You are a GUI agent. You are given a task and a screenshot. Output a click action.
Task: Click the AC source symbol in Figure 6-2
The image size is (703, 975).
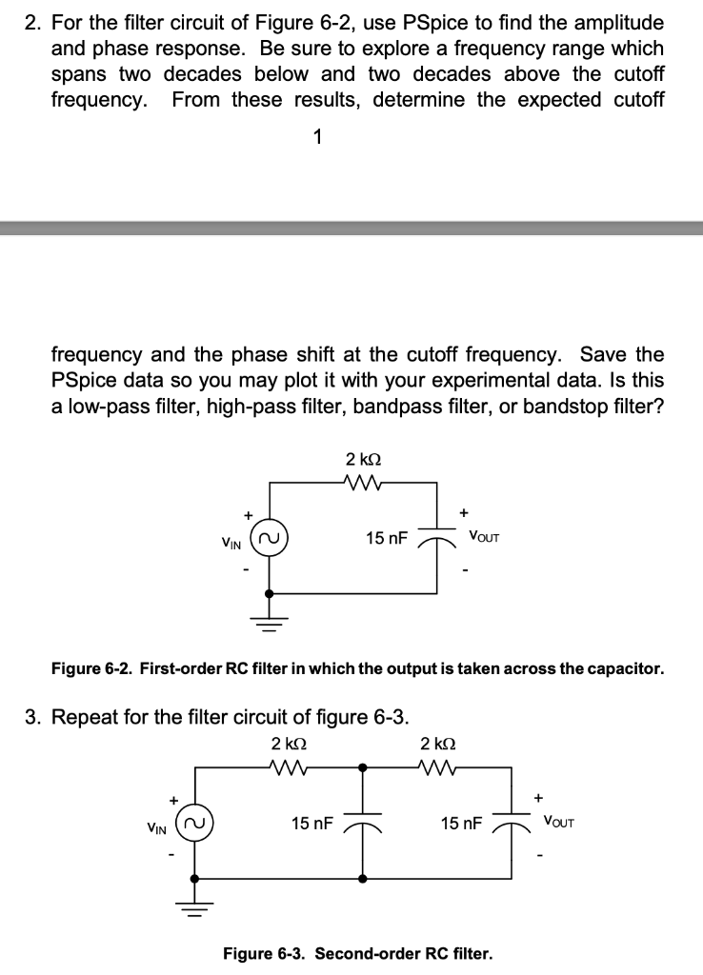268,540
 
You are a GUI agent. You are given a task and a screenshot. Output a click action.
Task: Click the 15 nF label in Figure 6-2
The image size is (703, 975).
387,539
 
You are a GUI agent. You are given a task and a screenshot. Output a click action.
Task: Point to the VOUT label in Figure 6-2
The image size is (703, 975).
484,537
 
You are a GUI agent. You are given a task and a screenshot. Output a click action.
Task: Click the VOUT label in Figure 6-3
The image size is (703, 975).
561,820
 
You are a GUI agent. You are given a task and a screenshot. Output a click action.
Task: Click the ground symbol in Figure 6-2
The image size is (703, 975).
268,623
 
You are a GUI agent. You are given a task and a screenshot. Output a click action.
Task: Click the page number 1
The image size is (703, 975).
317,137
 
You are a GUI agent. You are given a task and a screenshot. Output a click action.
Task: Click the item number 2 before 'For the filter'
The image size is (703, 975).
30,23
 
